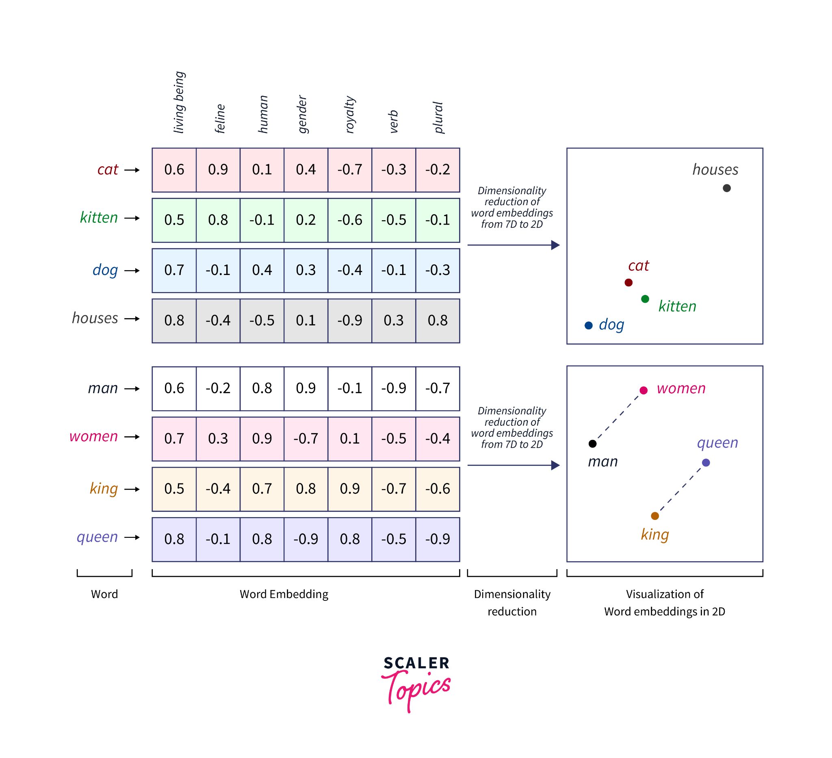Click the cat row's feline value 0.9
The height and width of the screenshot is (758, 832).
pyautogui.click(x=218, y=169)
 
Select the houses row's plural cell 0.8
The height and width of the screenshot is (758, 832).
pyautogui.click(x=438, y=321)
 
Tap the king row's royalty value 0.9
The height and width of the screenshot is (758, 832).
pyautogui.click(x=349, y=489)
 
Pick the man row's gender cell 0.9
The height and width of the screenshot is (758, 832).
pyautogui.click(x=306, y=388)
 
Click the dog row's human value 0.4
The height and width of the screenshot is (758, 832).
pyautogui.click(x=262, y=270)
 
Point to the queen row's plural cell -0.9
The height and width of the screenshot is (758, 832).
pyautogui.click(x=438, y=539)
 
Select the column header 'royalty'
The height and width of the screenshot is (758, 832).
pyautogui.click(x=349, y=115)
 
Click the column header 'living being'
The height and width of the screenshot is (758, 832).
pyautogui.click(x=179, y=102)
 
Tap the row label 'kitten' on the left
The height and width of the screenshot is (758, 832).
pyautogui.click(x=99, y=218)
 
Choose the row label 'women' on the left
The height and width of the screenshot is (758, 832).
pyautogui.click(x=94, y=437)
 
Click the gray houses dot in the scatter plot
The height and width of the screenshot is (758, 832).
pyautogui.click(x=727, y=188)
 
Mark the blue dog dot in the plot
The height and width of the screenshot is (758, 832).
pyautogui.click(x=589, y=325)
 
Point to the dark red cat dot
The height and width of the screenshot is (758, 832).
pyautogui.click(x=628, y=283)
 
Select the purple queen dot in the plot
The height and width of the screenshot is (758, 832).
pyautogui.click(x=706, y=463)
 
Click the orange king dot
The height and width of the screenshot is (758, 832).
pyautogui.click(x=655, y=516)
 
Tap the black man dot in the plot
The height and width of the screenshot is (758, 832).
pyautogui.click(x=593, y=444)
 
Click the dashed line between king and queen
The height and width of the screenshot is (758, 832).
pyautogui.click(x=680, y=489)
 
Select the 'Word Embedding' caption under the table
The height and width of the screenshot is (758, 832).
pyautogui.click(x=284, y=594)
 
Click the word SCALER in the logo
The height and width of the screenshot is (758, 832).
pyautogui.click(x=416, y=663)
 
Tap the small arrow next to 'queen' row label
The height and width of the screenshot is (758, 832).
pyautogui.click(x=132, y=537)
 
